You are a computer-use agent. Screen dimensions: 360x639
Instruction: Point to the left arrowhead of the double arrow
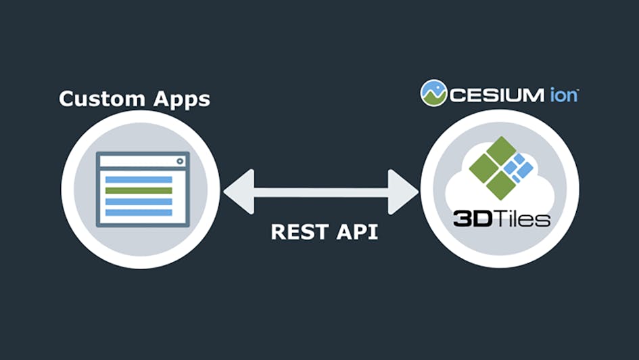tap(237, 192)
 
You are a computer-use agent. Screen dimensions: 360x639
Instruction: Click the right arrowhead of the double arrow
tap(404, 192)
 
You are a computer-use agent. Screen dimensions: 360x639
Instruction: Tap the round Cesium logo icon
tap(433, 93)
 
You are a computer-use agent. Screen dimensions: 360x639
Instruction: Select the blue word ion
tap(563, 94)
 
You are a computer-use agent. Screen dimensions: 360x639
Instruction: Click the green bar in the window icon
tap(139, 191)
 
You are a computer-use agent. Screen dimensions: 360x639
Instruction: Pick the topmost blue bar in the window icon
tap(139, 180)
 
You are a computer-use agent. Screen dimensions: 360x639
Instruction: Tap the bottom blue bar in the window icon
tap(139, 212)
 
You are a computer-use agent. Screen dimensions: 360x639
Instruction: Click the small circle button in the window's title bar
tap(180, 161)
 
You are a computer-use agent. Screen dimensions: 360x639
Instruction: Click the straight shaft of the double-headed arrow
tap(321, 192)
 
